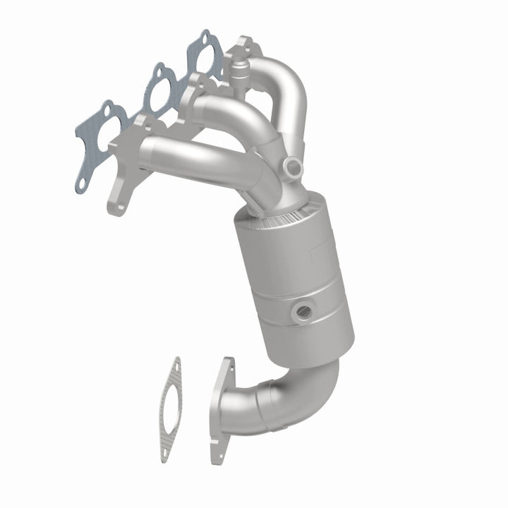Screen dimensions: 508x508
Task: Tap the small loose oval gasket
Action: coord(169,409)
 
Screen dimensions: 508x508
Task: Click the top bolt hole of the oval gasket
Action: coord(174,367)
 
